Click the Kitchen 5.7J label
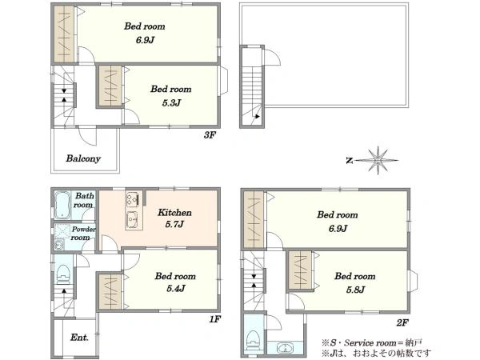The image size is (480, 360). [x=174, y=218]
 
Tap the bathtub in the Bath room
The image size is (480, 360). [x=62, y=205]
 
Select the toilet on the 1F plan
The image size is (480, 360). [x=64, y=274]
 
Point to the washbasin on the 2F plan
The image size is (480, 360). [x=286, y=348]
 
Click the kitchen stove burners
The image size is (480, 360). [x=134, y=198]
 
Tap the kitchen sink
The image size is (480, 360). [x=134, y=219]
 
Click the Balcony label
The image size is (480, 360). [x=83, y=158]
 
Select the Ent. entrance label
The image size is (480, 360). [x=79, y=338]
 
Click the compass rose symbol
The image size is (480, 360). [x=378, y=160]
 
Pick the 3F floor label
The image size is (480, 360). [x=210, y=134]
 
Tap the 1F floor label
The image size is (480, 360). [x=214, y=319]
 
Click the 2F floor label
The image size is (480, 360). [x=402, y=322]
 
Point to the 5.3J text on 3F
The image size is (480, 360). [x=171, y=103]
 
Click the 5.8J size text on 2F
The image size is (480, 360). [x=355, y=290]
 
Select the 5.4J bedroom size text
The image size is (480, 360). [x=176, y=288]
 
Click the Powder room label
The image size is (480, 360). [x=82, y=234]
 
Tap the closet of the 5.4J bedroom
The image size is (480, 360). [x=110, y=292]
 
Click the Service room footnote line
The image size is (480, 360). [x=372, y=342]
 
